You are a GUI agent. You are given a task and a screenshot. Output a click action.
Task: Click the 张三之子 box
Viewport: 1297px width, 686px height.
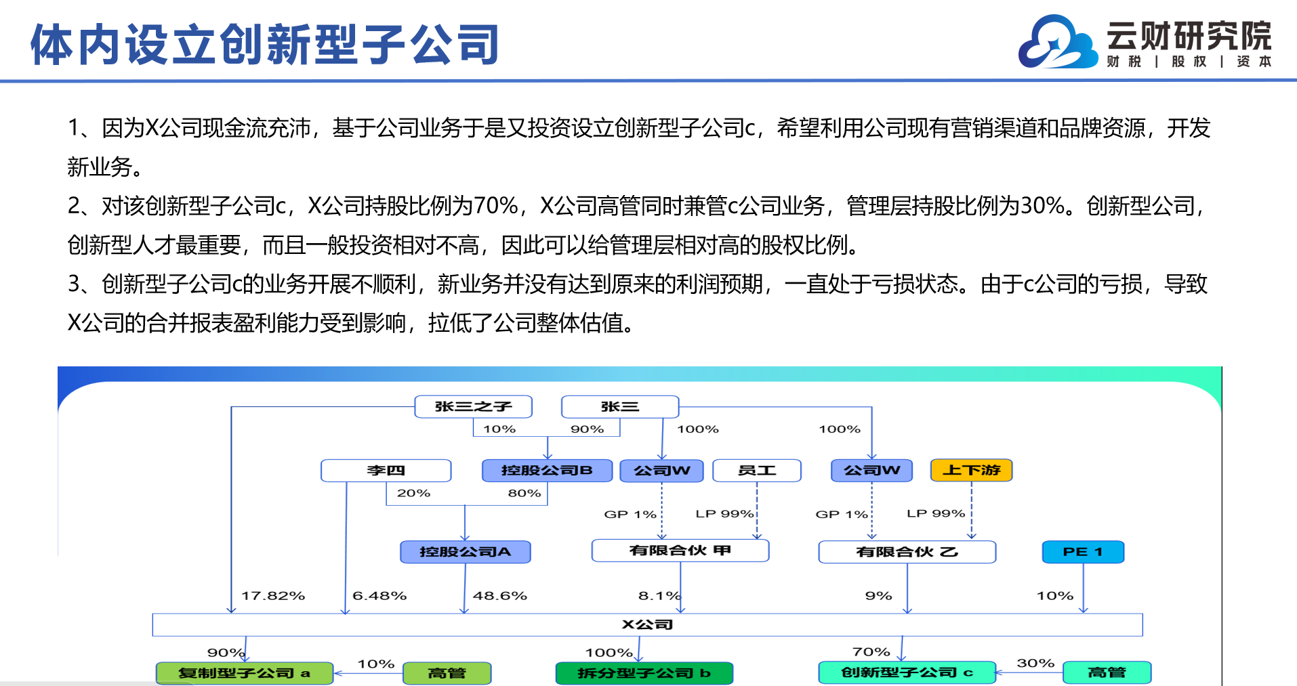[x=473, y=406]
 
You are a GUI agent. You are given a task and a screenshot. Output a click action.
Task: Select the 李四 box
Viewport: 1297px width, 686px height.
[x=386, y=470]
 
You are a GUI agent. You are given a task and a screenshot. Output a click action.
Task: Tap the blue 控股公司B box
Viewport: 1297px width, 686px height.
[x=547, y=470]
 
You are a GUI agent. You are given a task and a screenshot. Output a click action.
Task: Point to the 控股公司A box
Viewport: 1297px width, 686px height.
[x=465, y=551]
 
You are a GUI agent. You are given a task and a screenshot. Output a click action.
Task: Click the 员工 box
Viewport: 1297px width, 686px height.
[x=757, y=470]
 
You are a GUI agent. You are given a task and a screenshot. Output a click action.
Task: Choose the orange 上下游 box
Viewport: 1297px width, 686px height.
[x=971, y=470]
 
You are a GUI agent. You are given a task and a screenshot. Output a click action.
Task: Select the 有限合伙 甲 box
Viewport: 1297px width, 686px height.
[x=680, y=551]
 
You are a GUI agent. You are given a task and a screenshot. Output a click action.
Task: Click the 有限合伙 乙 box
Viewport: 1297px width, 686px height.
[x=907, y=551]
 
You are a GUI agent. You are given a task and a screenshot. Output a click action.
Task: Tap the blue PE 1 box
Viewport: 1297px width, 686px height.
[x=1083, y=551]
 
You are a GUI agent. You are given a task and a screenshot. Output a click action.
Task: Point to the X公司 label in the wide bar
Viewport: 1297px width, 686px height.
[x=647, y=624]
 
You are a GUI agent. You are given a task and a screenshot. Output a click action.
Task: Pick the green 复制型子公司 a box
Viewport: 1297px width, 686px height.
[x=245, y=673]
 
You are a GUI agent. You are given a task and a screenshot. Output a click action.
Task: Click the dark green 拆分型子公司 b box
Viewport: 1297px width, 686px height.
[x=644, y=673]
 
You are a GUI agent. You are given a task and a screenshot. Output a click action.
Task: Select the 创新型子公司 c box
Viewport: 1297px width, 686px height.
[x=907, y=672]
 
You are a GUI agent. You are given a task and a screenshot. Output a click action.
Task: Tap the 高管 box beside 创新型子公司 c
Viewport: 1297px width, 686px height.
[x=1107, y=672]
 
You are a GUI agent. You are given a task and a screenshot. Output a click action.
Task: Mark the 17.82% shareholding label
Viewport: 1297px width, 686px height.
[x=273, y=596]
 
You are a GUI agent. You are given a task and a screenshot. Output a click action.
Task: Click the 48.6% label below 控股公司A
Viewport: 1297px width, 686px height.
[x=500, y=596]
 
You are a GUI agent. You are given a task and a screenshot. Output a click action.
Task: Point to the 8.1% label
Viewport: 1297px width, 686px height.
[x=659, y=596]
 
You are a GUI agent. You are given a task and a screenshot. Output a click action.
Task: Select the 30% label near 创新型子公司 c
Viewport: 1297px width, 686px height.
[x=1035, y=663]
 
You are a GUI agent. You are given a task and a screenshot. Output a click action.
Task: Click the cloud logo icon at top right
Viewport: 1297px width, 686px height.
[x=1057, y=42]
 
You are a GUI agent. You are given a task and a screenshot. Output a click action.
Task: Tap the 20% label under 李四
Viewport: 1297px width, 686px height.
[x=413, y=493]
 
